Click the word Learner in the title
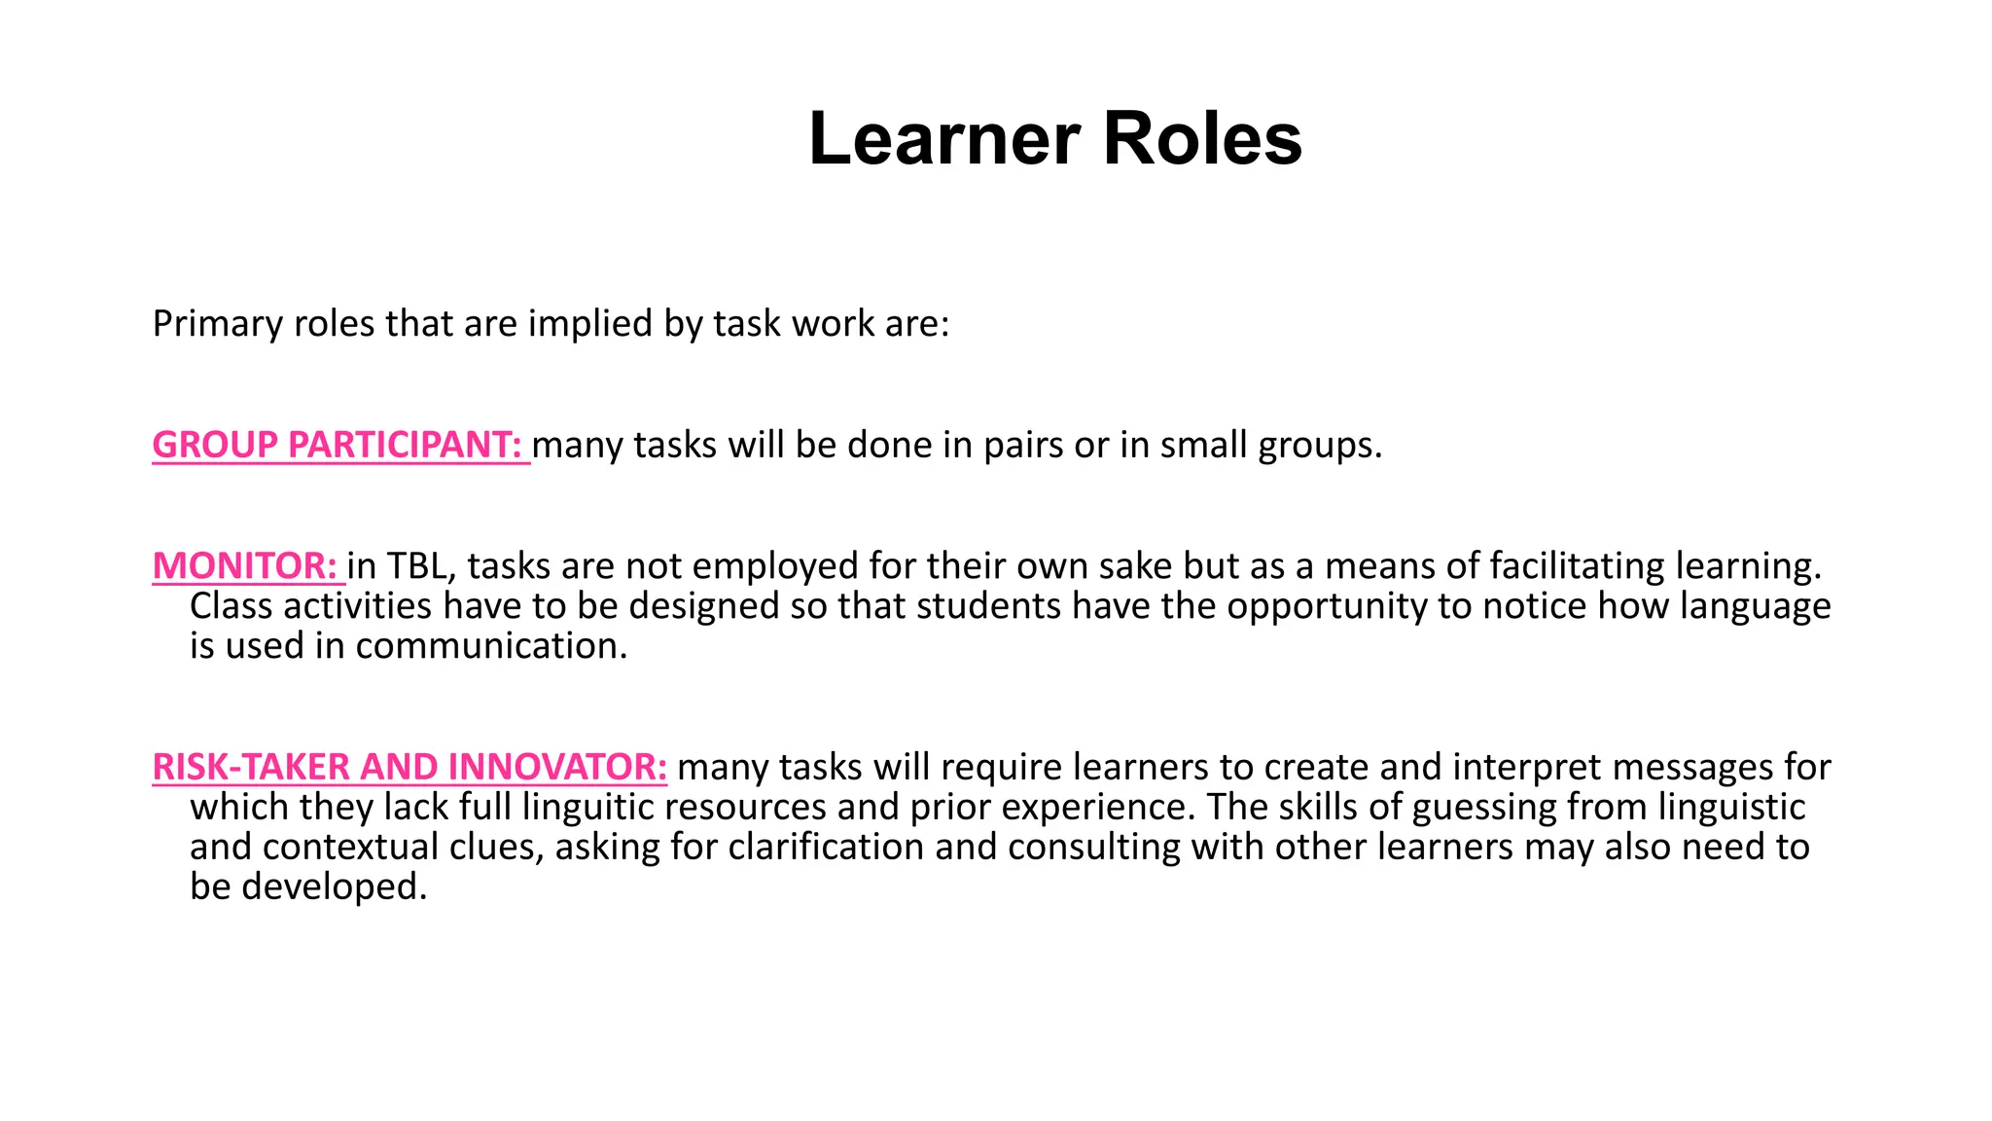click(x=943, y=139)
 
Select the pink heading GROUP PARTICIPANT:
click(x=338, y=445)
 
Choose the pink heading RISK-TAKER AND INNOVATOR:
click(x=409, y=768)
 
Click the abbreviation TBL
click(x=416, y=566)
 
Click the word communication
click(x=491, y=646)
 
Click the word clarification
click(x=826, y=848)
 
